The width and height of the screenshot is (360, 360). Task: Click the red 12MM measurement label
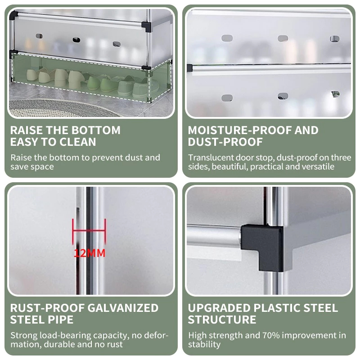(90, 253)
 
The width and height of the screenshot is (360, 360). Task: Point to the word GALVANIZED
(123, 308)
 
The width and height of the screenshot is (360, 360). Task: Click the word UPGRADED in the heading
(219, 308)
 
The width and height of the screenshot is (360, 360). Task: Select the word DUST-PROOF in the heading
(225, 142)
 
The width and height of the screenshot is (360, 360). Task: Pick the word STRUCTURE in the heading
(222, 319)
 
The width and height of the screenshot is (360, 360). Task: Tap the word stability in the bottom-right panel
(204, 344)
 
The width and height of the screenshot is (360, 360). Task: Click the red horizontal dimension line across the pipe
(89, 230)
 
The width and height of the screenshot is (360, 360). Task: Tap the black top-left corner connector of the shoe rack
(14, 15)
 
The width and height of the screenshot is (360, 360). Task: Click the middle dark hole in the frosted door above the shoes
(76, 40)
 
